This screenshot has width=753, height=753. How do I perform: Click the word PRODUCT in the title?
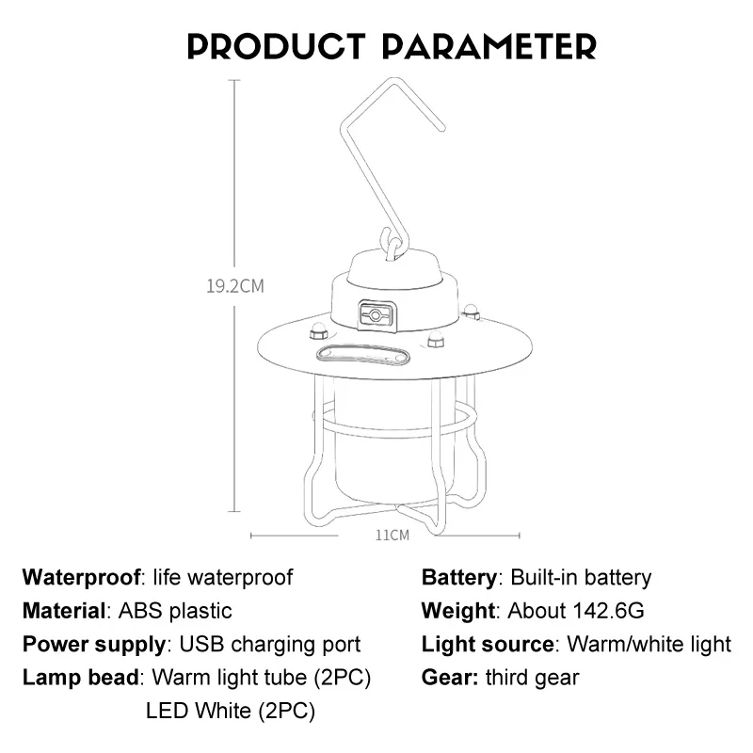pos(277,46)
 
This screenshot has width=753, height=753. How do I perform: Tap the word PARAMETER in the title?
pos(489,46)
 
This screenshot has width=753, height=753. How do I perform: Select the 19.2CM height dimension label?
pos(235,286)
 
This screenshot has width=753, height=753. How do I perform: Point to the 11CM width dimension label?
pos(393,535)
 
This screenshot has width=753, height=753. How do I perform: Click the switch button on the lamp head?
pos(377,315)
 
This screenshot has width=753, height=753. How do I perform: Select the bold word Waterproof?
pos(81,578)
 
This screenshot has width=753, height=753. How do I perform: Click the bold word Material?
pos(63,611)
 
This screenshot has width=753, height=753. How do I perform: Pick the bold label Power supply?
pos(93,645)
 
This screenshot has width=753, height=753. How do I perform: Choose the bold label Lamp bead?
pos(81,678)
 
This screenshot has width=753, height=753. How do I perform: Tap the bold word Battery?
pos(459,578)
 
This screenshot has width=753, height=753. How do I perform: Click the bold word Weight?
pos(458,611)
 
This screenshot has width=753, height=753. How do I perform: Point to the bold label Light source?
pos(488,645)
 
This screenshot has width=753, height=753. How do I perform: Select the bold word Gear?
pos(450,678)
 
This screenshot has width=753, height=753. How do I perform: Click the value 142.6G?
pos(608,611)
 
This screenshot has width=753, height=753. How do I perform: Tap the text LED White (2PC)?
pos(230,711)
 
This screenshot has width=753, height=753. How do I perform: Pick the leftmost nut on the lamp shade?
pos(318,332)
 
